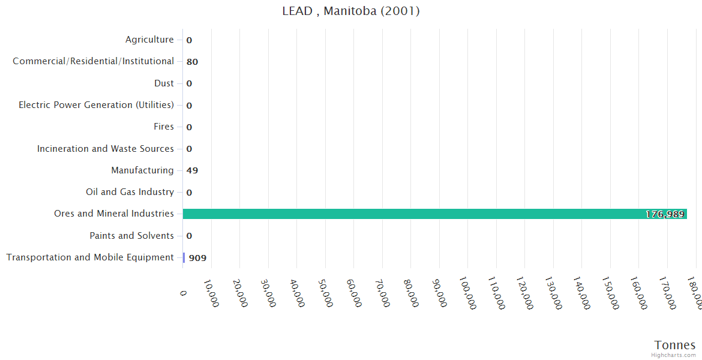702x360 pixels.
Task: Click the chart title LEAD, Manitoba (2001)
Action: pyautogui.click(x=351, y=11)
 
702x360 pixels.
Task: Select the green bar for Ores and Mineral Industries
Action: pyautogui.click(x=434, y=214)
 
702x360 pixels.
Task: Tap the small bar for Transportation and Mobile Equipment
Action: pyautogui.click(x=184, y=257)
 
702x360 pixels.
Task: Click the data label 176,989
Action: pyautogui.click(x=665, y=214)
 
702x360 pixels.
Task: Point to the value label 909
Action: pyautogui.click(x=197, y=258)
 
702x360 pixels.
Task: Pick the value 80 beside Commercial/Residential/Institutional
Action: pyautogui.click(x=192, y=62)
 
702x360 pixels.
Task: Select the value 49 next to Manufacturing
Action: pyautogui.click(x=192, y=170)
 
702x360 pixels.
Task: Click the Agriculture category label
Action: pyautogui.click(x=149, y=40)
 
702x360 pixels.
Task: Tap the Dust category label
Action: pyautogui.click(x=164, y=83)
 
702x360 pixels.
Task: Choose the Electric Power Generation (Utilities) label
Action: pyautogui.click(x=96, y=105)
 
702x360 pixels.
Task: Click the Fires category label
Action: pyautogui.click(x=164, y=127)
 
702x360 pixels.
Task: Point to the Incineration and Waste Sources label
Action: pyautogui.click(x=106, y=149)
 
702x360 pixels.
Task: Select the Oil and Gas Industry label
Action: pyautogui.click(x=130, y=192)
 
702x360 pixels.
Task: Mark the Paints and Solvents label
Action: pyautogui.click(x=131, y=236)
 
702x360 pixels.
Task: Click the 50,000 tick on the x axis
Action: pyautogui.click(x=326, y=293)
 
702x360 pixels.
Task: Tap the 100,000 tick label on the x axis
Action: pyautogui.click(x=468, y=293)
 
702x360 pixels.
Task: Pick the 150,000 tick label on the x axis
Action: pyautogui.click(x=610, y=293)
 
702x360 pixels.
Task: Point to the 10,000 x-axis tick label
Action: pyautogui.click(x=212, y=293)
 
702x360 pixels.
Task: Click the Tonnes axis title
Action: pyautogui.click(x=674, y=345)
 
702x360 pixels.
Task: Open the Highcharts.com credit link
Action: pyautogui.click(x=673, y=355)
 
